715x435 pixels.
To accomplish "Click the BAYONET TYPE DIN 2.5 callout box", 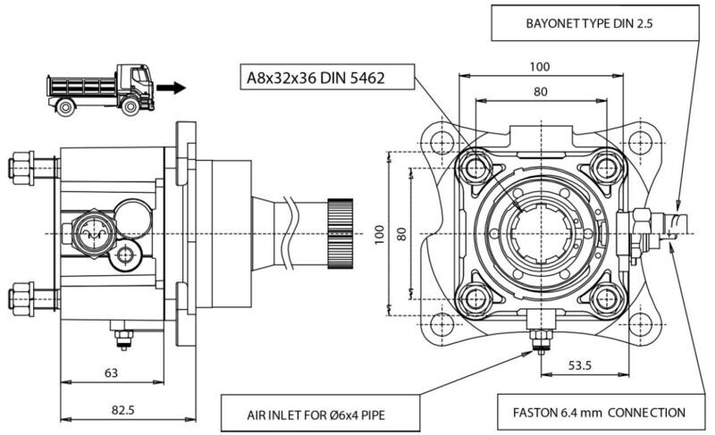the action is point(594,23).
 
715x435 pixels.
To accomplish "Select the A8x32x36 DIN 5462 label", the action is point(315,78).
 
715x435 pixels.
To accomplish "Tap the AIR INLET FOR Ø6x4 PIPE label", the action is point(315,415).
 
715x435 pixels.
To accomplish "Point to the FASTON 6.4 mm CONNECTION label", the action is point(599,413).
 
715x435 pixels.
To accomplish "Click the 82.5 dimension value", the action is point(123,410).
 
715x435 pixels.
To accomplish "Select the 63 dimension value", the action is point(111,373).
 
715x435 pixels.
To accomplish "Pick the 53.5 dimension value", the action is point(579,364).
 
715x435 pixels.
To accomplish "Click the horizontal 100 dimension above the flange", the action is point(540,67).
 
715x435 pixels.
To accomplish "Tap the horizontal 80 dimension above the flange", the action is point(541,91).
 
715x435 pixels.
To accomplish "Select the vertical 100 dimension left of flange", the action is point(379,234).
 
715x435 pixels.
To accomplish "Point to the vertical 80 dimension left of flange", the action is point(401,234).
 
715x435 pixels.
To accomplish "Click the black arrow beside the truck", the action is point(171,88).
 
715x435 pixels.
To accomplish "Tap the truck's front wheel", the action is point(130,106).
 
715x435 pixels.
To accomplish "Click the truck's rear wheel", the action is point(65,107).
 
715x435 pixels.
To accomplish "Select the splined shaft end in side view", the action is point(340,234).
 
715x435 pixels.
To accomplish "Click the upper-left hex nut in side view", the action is point(21,168).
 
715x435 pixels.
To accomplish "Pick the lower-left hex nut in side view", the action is point(21,299).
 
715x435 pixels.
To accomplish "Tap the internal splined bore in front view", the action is point(542,234).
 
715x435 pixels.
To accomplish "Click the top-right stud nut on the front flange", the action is point(607,168).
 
